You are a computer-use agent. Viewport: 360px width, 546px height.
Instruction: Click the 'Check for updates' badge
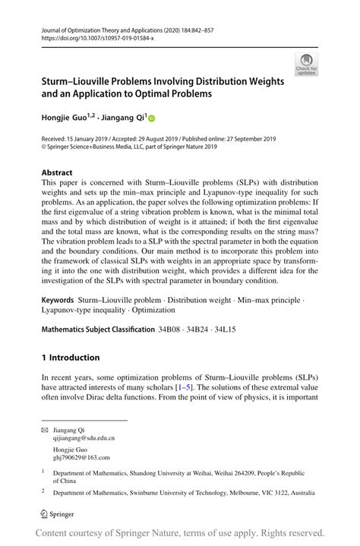(307, 65)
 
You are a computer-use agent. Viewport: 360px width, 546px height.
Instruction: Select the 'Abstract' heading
(58, 172)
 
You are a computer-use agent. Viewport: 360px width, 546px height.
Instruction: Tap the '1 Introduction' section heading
(70, 357)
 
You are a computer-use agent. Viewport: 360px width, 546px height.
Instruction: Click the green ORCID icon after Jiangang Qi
(150, 118)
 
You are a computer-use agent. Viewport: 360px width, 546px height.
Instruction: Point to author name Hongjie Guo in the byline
(65, 118)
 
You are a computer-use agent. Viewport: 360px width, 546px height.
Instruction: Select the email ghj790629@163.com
(81, 457)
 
